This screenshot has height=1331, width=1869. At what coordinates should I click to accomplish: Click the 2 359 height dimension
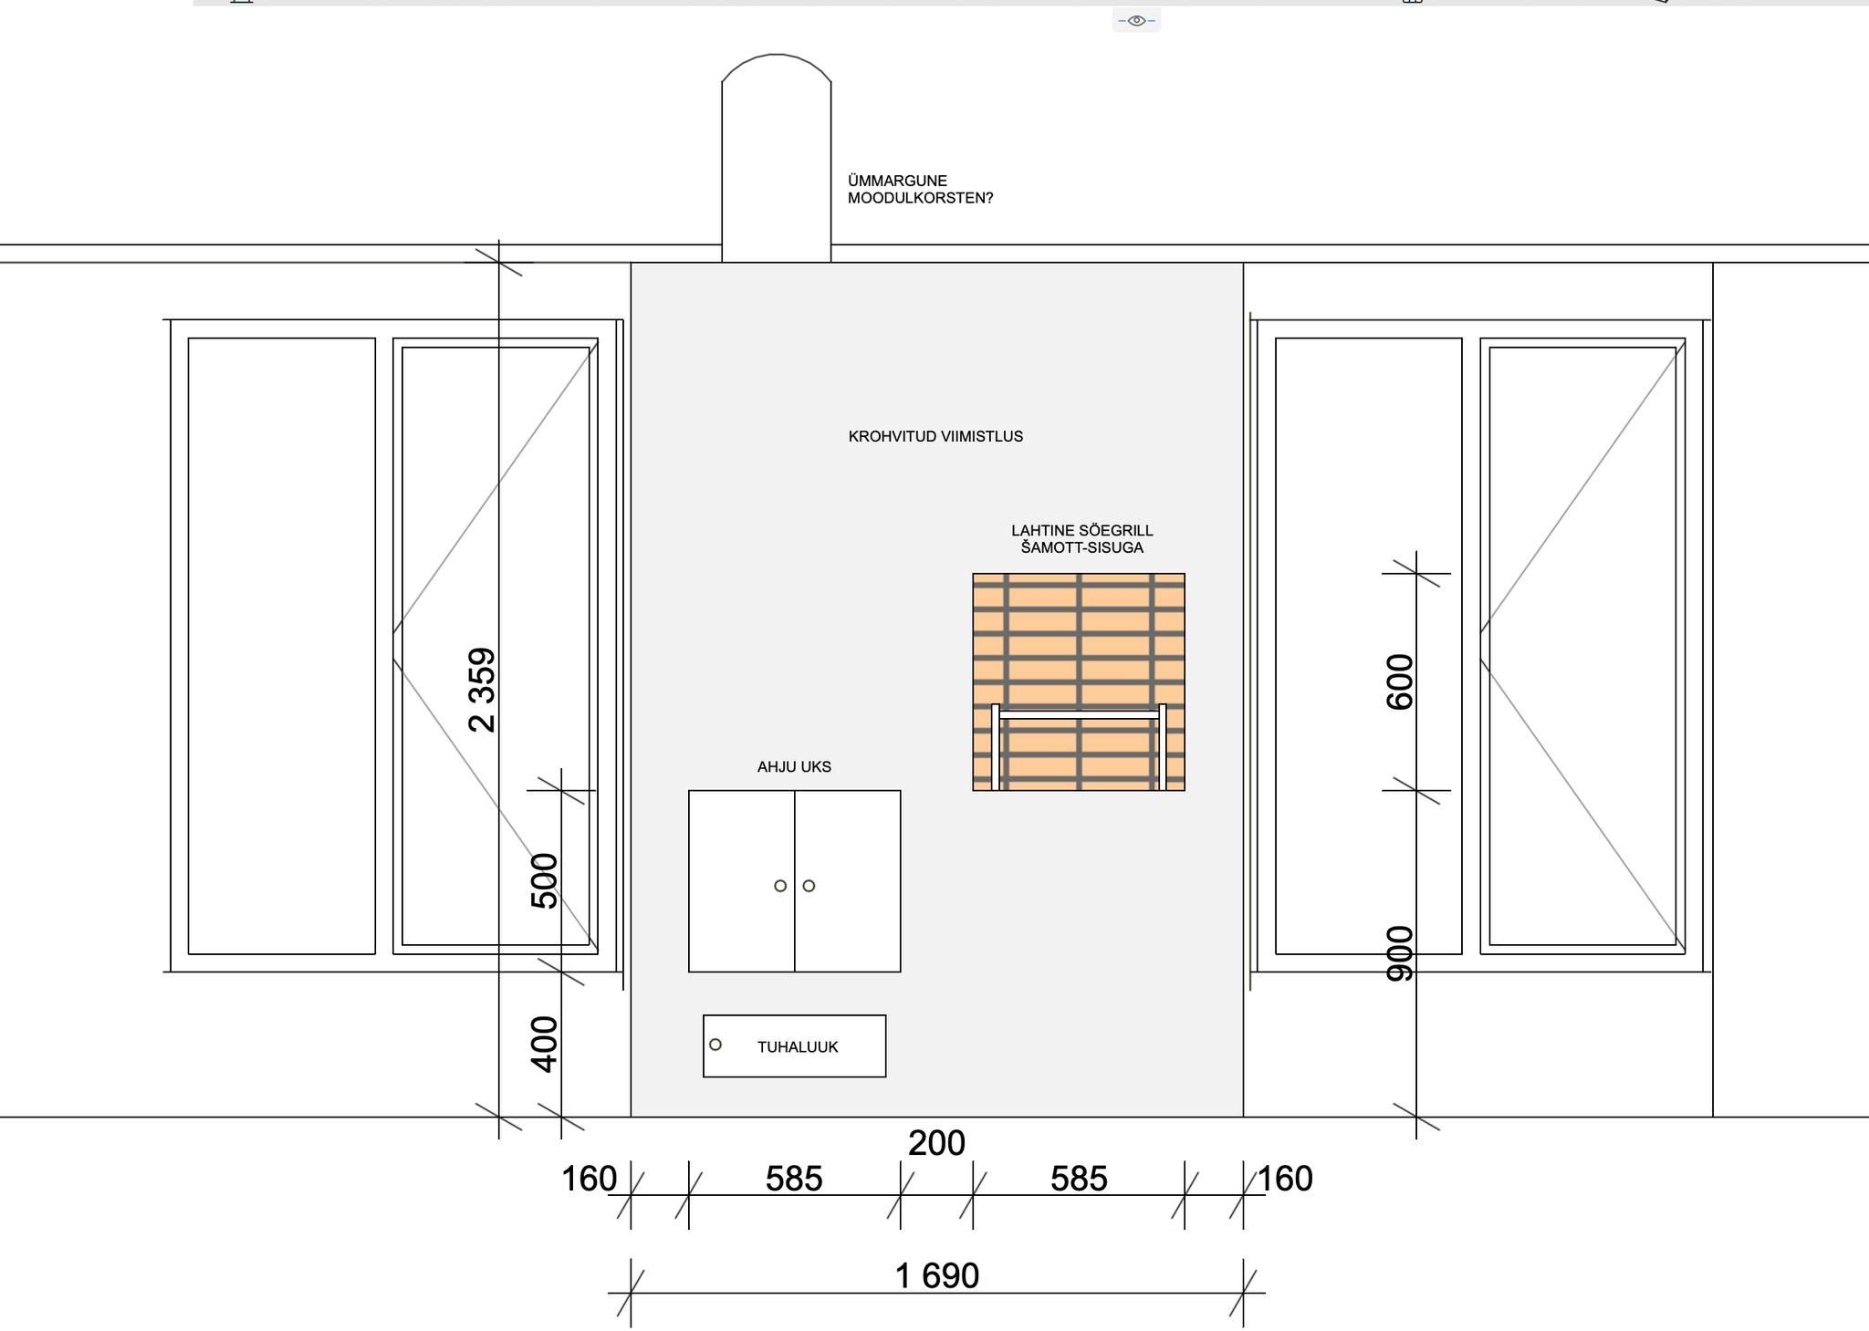pyautogui.click(x=482, y=690)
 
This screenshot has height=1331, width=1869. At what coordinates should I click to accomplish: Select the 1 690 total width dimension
pyautogui.click(x=937, y=1275)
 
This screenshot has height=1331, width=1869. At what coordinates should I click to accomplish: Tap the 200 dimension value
pyautogui.click(x=936, y=1143)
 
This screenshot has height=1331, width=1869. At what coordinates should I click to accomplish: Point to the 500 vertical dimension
pyautogui.click(x=544, y=880)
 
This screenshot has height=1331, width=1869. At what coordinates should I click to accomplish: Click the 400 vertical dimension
pyautogui.click(x=544, y=1044)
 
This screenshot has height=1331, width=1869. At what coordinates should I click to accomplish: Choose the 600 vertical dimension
pyautogui.click(x=1399, y=681)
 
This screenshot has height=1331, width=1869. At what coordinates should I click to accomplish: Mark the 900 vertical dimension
pyautogui.click(x=1399, y=953)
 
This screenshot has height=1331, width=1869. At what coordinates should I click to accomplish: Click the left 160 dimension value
pyautogui.click(x=589, y=1179)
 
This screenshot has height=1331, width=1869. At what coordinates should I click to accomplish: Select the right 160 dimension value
pyautogui.click(x=1285, y=1179)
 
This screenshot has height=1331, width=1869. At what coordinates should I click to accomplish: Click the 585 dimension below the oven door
pyautogui.click(x=794, y=1179)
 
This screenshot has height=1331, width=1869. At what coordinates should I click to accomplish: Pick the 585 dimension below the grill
pyautogui.click(x=1079, y=1179)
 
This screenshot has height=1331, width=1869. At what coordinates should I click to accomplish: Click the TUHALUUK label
pyautogui.click(x=798, y=1047)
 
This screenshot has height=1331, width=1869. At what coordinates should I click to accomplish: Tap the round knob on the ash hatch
pyautogui.click(x=715, y=1045)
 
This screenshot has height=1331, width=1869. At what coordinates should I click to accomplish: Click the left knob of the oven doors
pyautogui.click(x=780, y=886)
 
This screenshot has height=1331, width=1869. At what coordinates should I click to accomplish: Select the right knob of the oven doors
pyautogui.click(x=809, y=886)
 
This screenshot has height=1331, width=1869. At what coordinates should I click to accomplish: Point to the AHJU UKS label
pyautogui.click(x=794, y=767)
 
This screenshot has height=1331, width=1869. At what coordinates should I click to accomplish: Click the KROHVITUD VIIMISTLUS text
pyautogui.click(x=935, y=437)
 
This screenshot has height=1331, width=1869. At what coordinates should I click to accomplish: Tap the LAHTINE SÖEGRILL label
pyautogui.click(x=1081, y=531)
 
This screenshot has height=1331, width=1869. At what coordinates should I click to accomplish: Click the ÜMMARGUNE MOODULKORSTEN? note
pyautogui.click(x=920, y=190)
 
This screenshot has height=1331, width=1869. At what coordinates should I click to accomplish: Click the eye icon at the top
pyautogui.click(x=1136, y=20)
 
